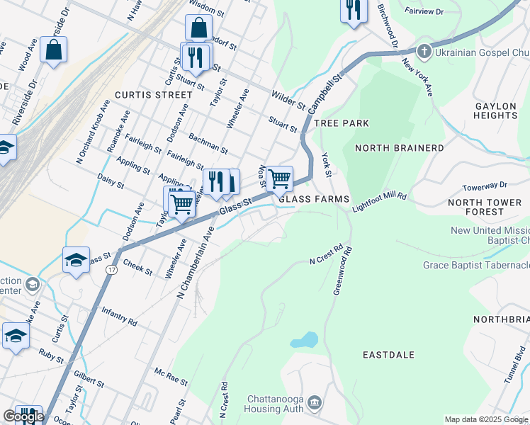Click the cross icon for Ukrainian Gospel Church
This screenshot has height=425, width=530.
point(424,51)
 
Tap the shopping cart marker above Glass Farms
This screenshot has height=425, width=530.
point(280,178)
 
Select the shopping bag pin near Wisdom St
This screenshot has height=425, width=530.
point(198,28)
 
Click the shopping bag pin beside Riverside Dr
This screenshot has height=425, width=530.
point(54,50)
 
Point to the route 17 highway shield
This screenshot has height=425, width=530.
point(112,271)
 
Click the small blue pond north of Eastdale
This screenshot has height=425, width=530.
point(304,340)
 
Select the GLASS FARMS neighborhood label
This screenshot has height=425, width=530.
point(313,199)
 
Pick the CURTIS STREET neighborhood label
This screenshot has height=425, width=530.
point(153,94)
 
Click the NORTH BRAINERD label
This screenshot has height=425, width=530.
point(399,148)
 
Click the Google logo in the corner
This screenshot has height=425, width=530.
point(23,416)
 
